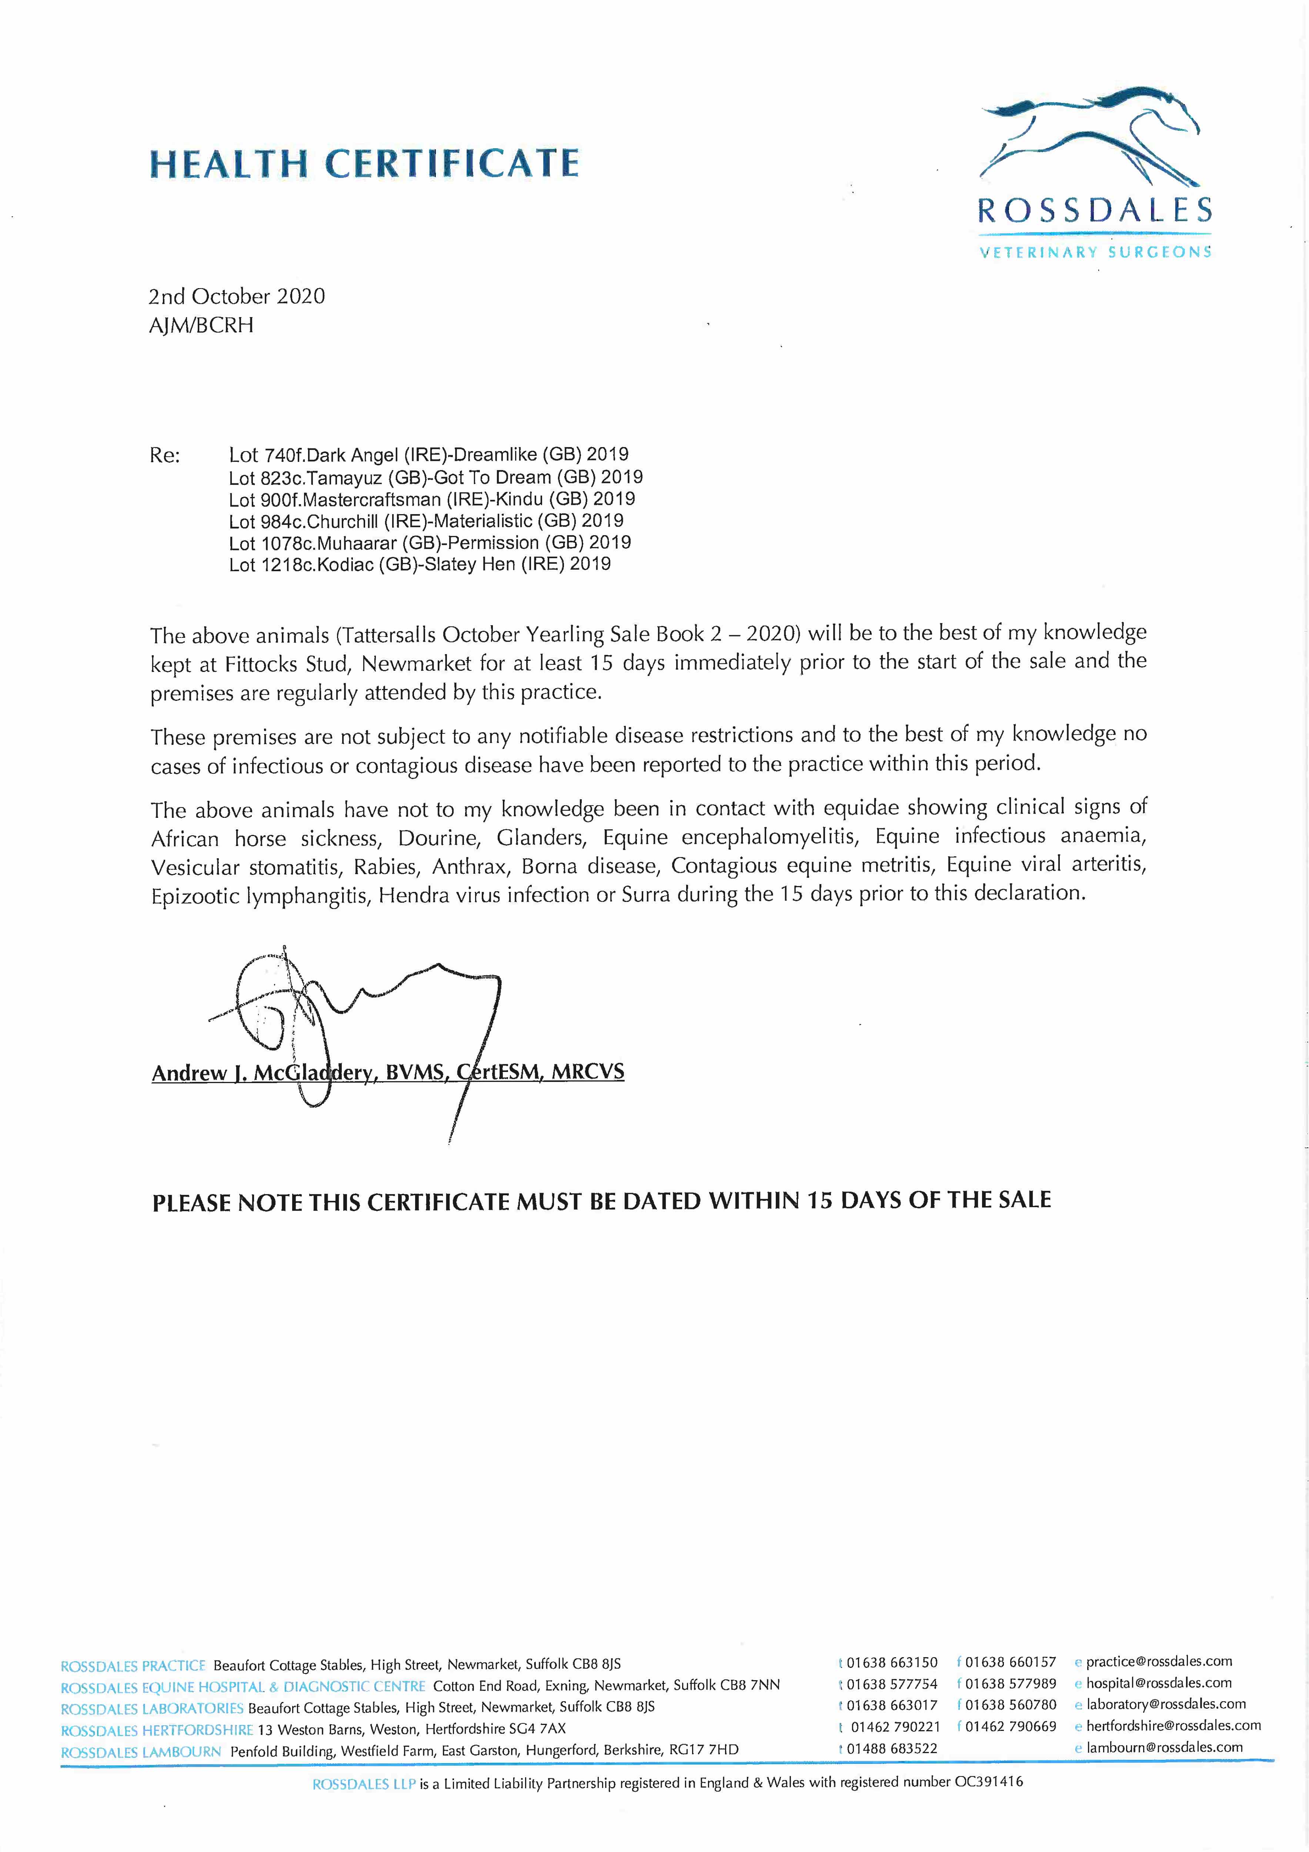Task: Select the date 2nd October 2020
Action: tap(236, 296)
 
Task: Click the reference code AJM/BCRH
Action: tap(201, 325)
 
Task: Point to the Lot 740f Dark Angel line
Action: tap(428, 455)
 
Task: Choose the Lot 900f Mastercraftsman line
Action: tap(431, 499)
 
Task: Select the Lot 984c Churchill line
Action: tap(426, 521)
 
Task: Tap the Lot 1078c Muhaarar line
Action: tap(429, 543)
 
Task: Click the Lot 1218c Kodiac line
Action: tap(420, 564)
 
